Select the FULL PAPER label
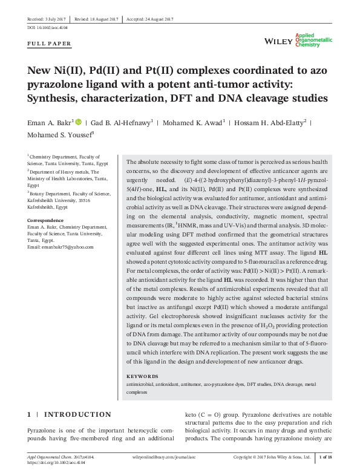(x=50, y=44)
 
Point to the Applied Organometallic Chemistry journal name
(x=313, y=41)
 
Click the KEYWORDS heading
(x=143, y=377)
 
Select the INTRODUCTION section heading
(x=79, y=415)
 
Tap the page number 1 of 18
(x=325, y=458)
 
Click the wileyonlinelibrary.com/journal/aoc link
(x=165, y=458)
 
